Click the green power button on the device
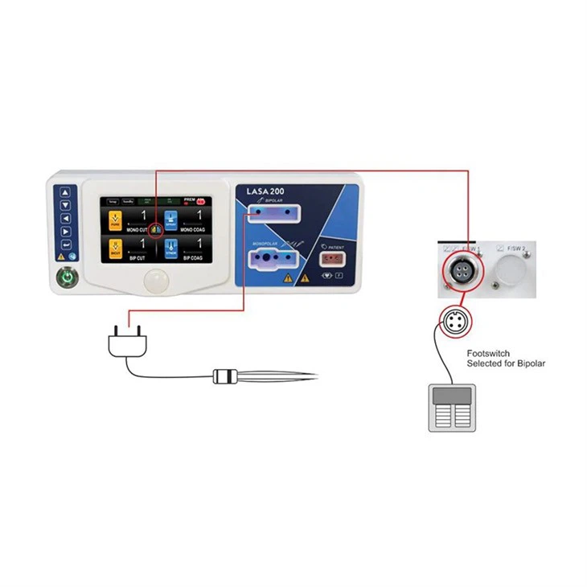tap(66, 279)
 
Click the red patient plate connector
tap(332, 260)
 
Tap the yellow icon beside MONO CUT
tap(115, 219)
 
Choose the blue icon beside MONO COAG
tap(170, 219)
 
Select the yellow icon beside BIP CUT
tap(115, 246)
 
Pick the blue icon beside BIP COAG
tap(170, 246)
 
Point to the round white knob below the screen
tap(158, 281)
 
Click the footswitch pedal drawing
tap(452, 408)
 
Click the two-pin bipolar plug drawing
tap(128, 341)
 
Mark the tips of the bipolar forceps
tap(314, 376)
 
